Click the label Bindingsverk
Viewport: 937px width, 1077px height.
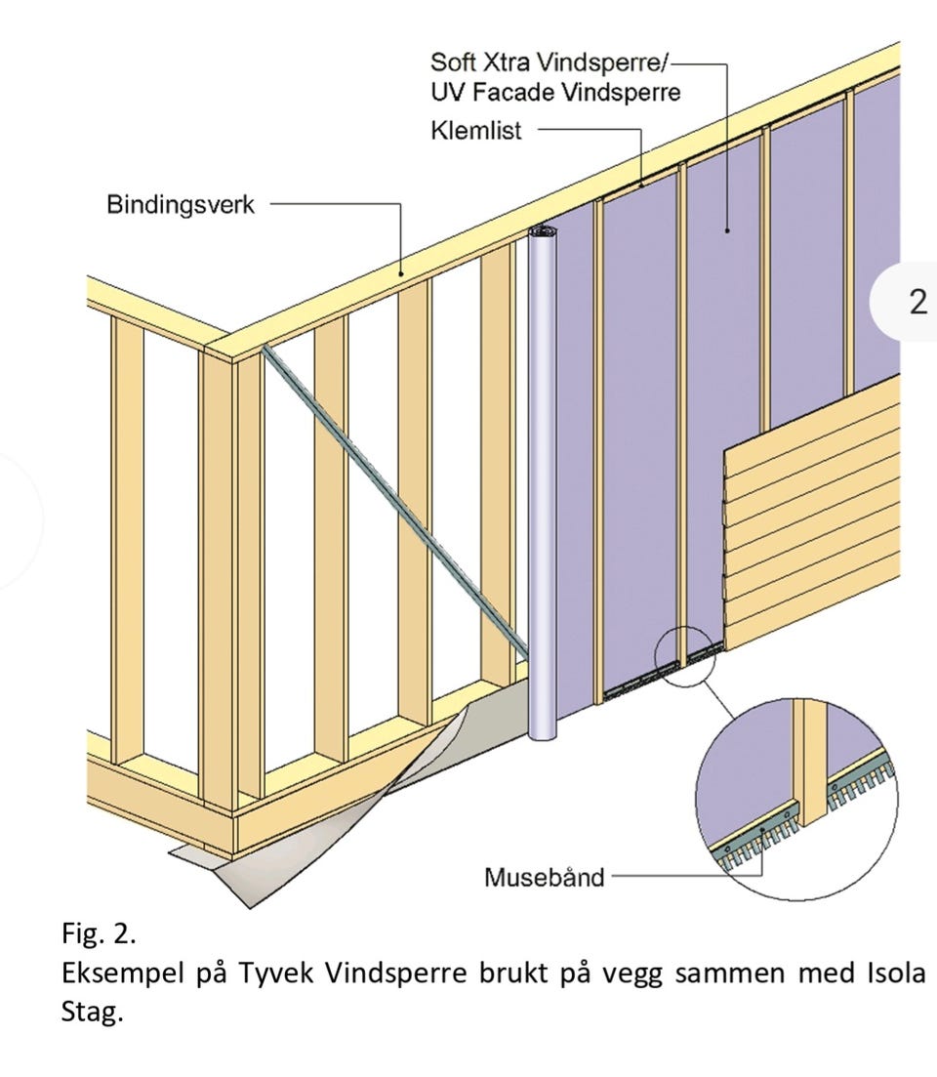181,205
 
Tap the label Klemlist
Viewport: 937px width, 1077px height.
475,130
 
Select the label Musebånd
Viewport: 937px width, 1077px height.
544,877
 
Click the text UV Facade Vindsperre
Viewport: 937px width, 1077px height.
555,92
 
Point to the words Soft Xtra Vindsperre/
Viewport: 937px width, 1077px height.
549,62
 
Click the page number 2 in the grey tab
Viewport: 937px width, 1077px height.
917,302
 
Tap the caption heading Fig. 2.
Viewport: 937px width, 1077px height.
99,933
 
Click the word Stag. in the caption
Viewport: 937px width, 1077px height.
92,1012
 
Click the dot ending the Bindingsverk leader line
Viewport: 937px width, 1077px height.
401,273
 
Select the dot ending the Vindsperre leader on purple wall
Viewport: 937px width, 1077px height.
726,230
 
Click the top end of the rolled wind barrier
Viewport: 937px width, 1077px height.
543,231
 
